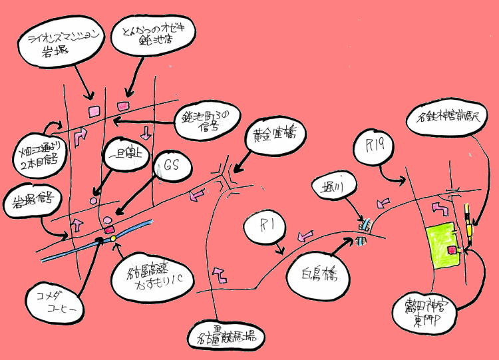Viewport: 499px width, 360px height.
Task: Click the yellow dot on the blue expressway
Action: coord(113,238)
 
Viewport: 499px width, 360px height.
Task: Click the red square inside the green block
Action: coord(452,250)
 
